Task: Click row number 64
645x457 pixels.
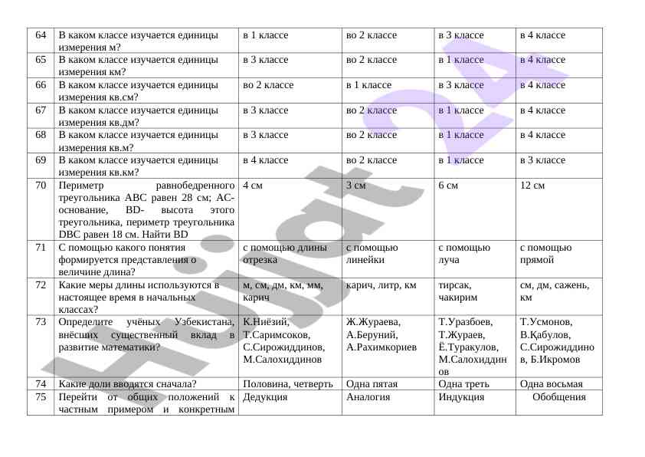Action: pyautogui.click(x=41, y=35)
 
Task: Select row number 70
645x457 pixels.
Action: pyautogui.click(x=41, y=186)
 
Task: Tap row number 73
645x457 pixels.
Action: pyautogui.click(x=41, y=322)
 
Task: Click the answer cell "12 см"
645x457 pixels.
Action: pyautogui.click(x=532, y=186)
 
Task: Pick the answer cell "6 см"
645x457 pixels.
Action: pyautogui.click(x=448, y=186)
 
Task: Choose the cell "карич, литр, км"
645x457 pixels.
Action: pyautogui.click(x=381, y=285)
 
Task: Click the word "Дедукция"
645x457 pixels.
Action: pyautogui.click(x=265, y=397)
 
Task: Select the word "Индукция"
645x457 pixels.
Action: pyautogui.click(x=461, y=397)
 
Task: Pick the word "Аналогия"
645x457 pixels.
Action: pyautogui.click(x=368, y=397)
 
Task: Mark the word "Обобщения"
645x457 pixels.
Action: pyautogui.click(x=559, y=397)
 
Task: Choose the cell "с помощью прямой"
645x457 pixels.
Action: pyautogui.click(x=545, y=254)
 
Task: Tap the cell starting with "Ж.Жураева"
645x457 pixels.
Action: pyautogui.click(x=381, y=334)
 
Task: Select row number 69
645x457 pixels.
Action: pyautogui.click(x=41, y=160)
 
